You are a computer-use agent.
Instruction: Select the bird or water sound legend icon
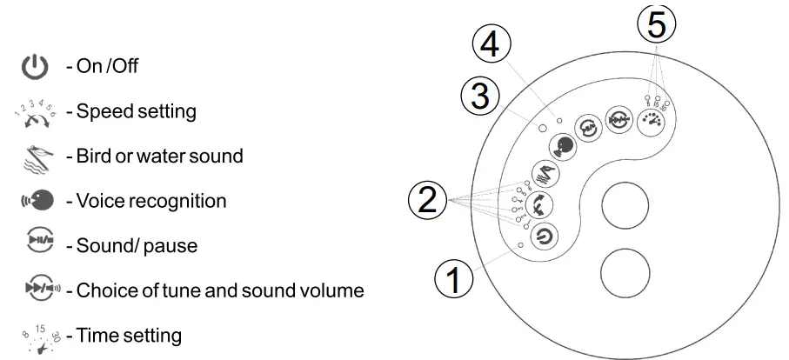(34, 157)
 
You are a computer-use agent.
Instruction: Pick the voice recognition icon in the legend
(36, 201)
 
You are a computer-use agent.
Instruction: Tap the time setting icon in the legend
(37, 334)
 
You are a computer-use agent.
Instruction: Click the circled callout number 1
(452, 280)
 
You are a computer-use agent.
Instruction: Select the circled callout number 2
(428, 202)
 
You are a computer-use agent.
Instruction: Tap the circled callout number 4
(492, 43)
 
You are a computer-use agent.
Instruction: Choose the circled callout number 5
(656, 23)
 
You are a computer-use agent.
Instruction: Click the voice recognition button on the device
(563, 144)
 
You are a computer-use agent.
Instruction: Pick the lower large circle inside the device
(625, 272)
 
